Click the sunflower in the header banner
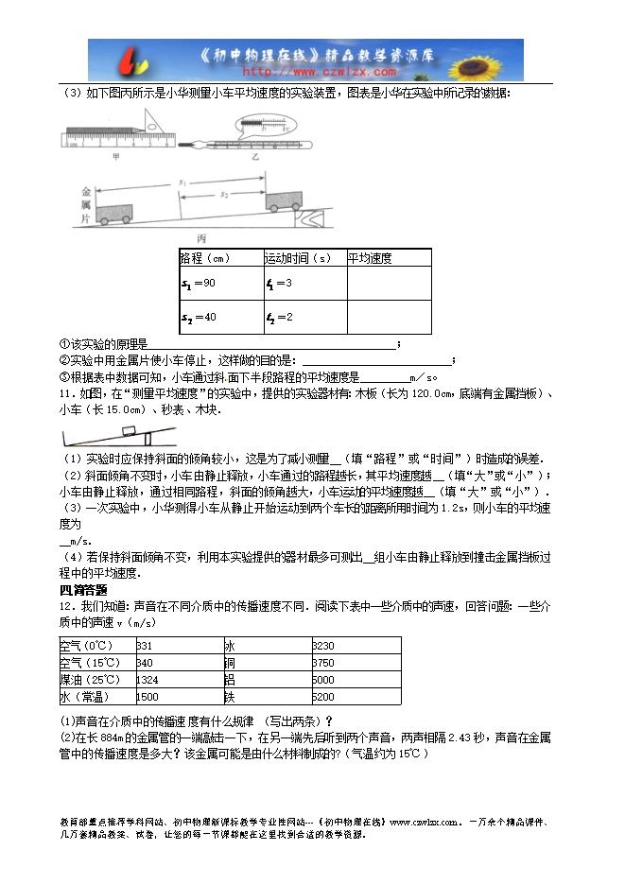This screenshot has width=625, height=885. click(x=497, y=60)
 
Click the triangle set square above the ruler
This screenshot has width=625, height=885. click(x=157, y=123)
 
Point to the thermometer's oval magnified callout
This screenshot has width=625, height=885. click(x=265, y=124)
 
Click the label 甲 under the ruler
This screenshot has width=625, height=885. click(x=116, y=156)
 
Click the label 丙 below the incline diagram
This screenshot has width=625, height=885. click(x=201, y=238)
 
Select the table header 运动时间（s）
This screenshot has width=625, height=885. click(x=298, y=258)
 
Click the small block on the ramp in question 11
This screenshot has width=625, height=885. click(x=127, y=431)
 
